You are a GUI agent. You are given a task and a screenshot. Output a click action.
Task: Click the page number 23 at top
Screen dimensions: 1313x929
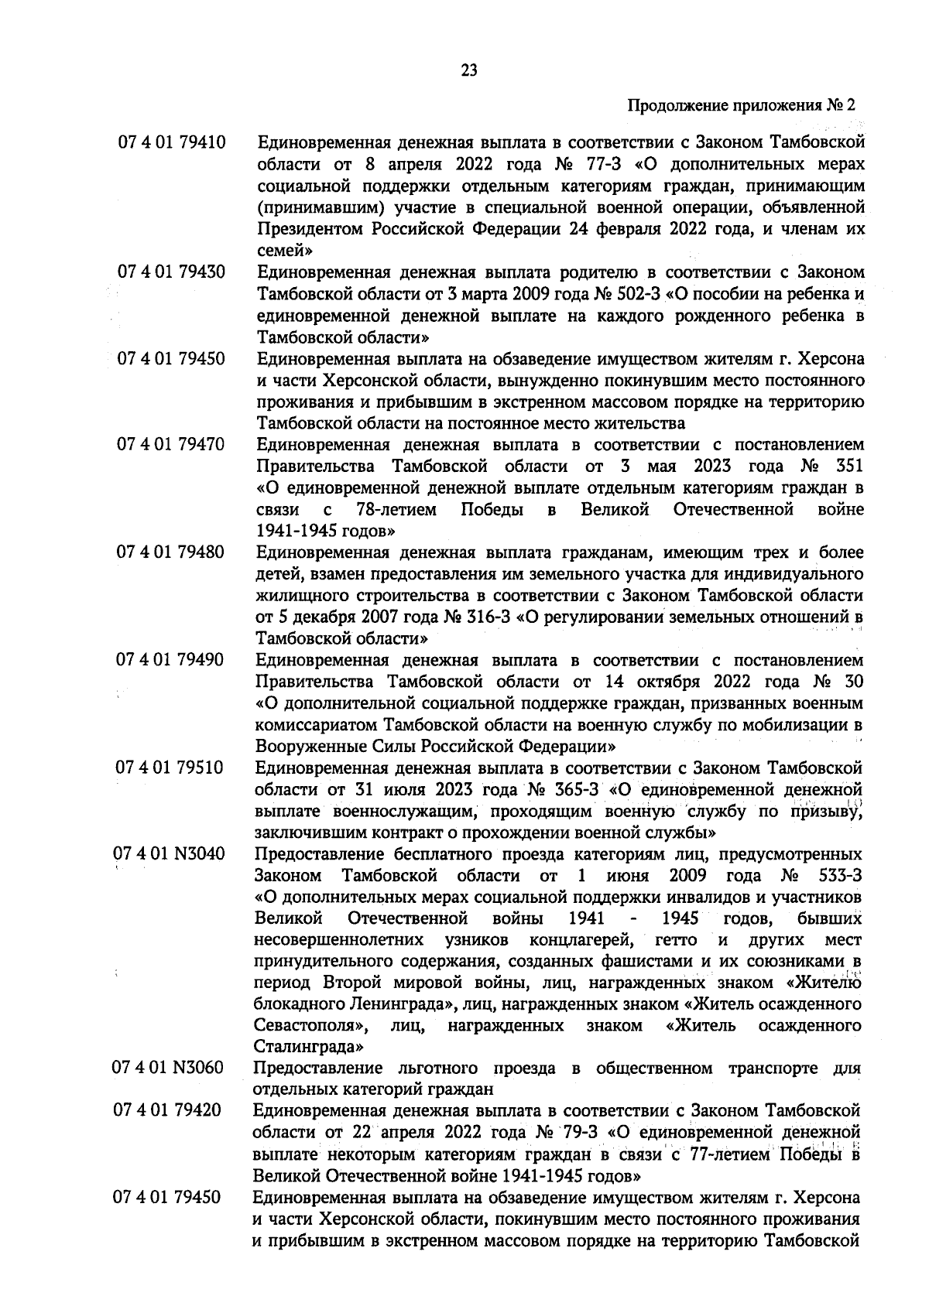(469, 71)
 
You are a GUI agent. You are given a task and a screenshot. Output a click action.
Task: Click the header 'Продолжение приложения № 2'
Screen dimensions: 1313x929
(742, 105)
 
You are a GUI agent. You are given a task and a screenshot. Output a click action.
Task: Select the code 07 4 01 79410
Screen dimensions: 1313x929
(171, 143)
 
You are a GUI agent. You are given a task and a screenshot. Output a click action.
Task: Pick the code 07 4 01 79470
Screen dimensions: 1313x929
(170, 445)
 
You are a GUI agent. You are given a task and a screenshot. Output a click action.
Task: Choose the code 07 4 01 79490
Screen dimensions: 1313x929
(170, 660)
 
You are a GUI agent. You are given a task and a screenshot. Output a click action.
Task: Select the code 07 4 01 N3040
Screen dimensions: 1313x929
(170, 854)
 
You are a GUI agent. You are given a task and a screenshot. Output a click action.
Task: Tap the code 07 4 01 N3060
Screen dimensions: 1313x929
(169, 1069)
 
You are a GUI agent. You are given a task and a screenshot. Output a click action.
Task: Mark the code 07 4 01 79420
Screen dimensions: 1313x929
(168, 1111)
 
